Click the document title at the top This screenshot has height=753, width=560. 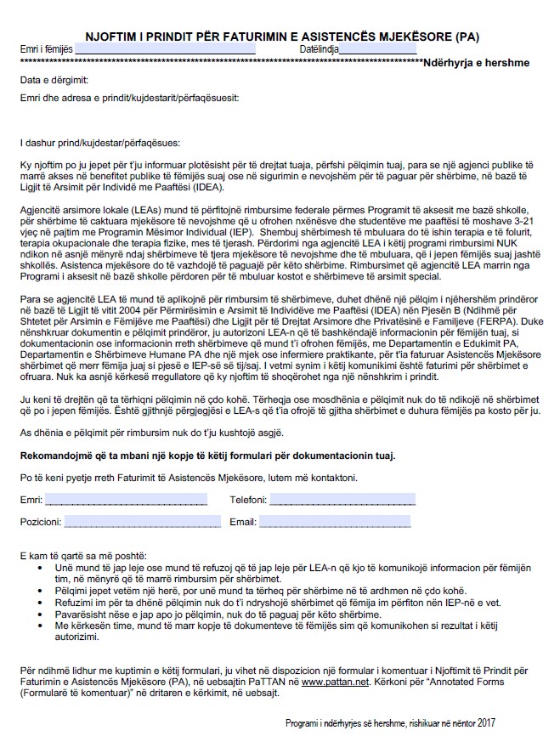point(281,37)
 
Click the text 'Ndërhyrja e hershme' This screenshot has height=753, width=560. point(481,63)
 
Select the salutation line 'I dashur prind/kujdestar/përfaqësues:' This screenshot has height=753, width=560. point(100,142)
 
